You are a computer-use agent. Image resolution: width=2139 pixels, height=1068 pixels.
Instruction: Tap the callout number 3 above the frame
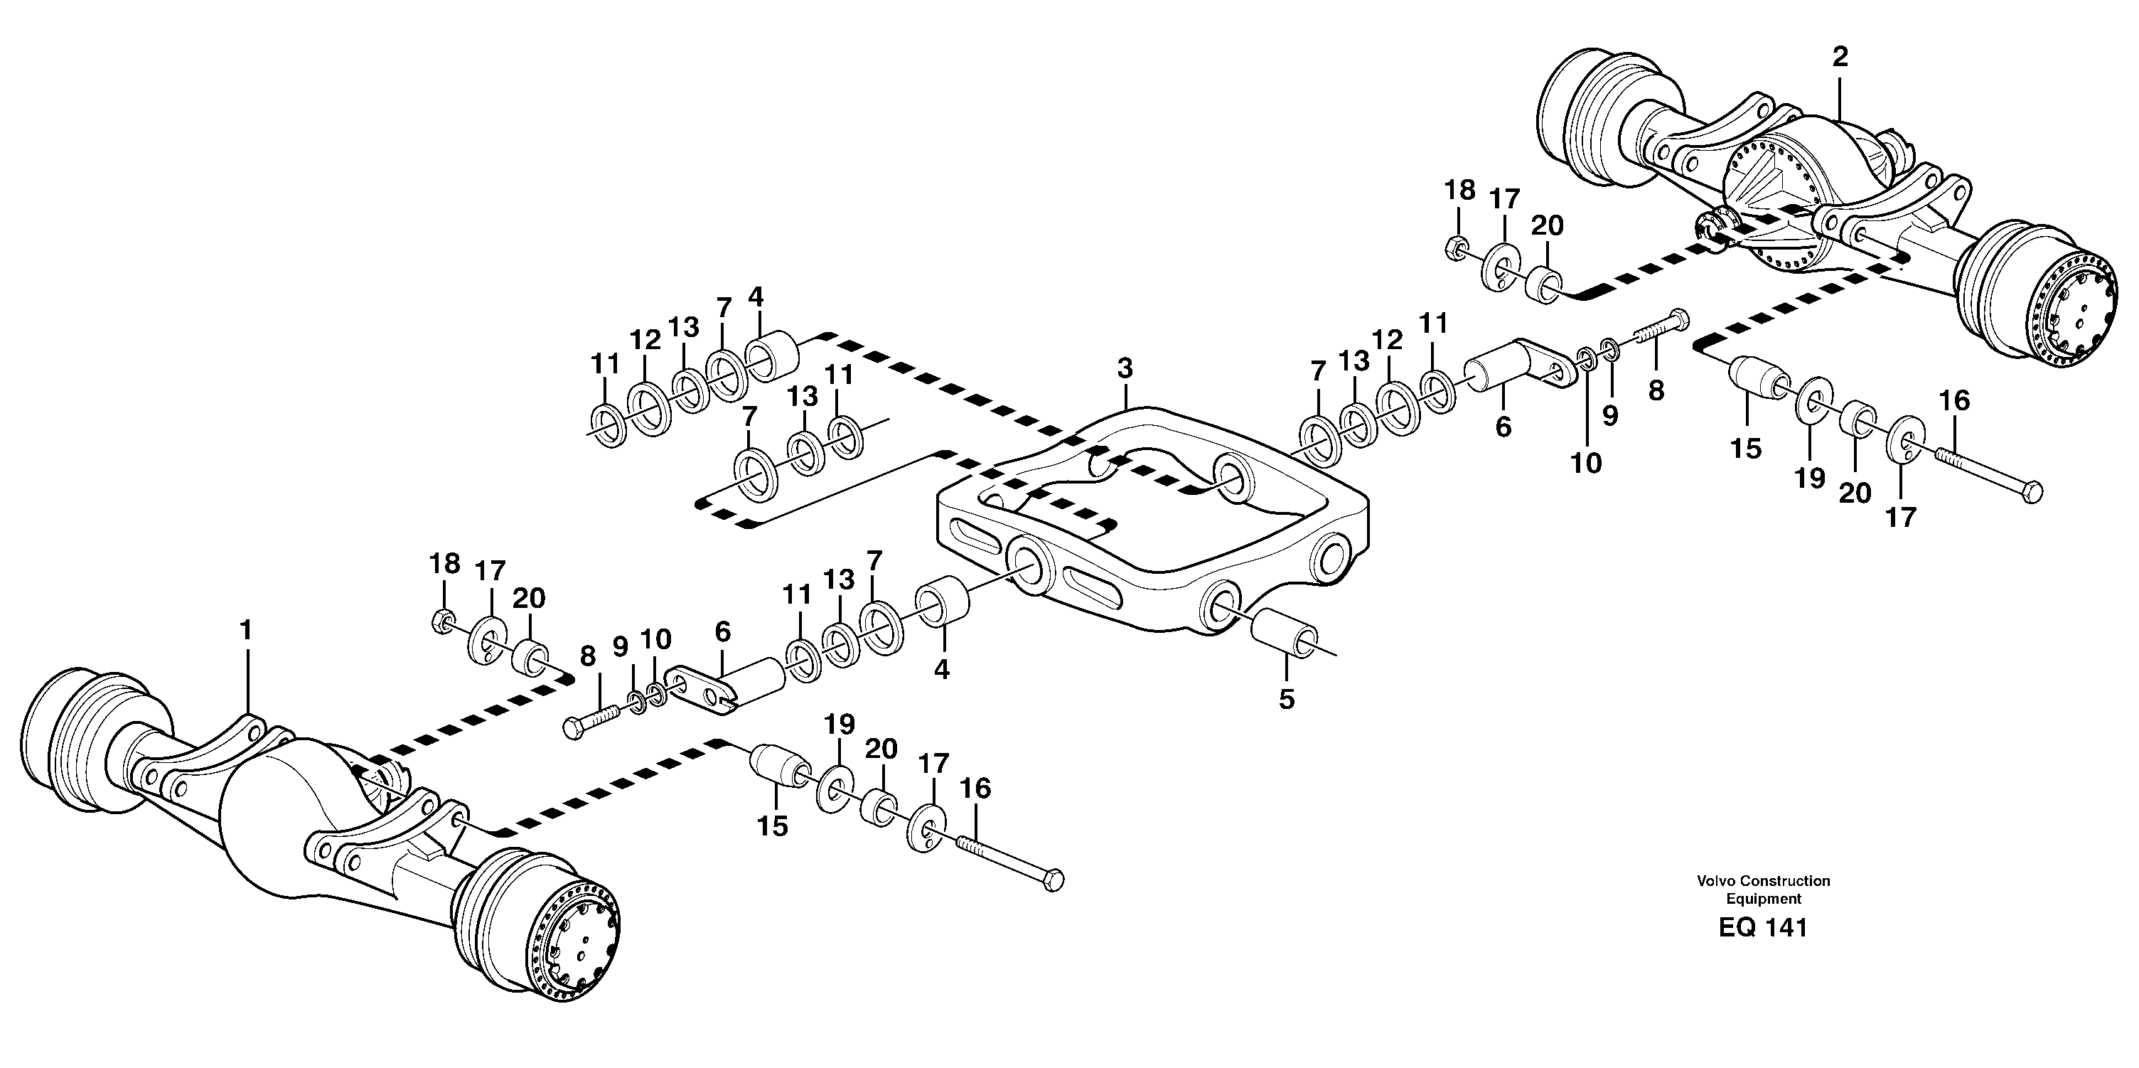[x=1125, y=368]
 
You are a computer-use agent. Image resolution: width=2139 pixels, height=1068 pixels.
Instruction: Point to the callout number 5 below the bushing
[x=1286, y=699]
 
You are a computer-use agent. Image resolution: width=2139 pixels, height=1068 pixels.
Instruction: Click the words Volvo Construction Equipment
[x=1763, y=889]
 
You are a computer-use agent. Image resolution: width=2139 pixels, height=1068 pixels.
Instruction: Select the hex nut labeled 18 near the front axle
[x=444, y=619]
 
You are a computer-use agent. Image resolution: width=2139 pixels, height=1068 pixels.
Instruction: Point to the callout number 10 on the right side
[x=1586, y=464]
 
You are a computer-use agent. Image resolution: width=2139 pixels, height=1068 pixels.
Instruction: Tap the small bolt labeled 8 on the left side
[x=593, y=718]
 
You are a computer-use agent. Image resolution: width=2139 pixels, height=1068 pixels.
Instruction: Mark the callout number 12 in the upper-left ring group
[x=644, y=339]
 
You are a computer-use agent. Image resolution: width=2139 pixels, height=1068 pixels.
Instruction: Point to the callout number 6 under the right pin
[x=1503, y=427]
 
